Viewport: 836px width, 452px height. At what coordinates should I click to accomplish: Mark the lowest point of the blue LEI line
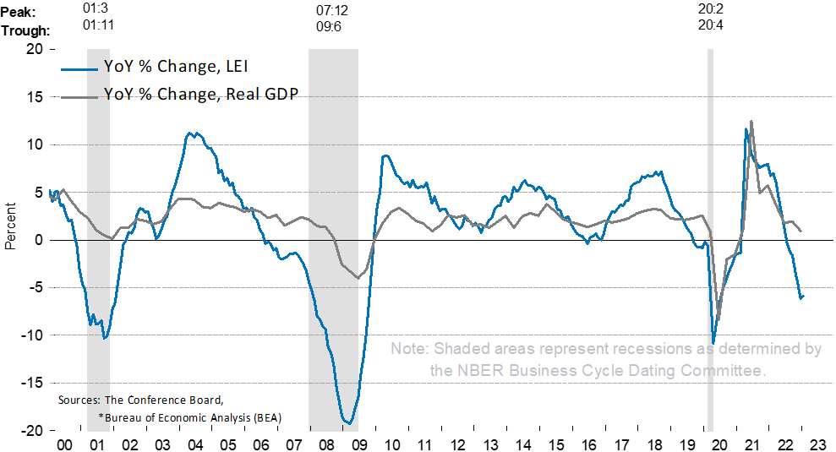tap(347, 422)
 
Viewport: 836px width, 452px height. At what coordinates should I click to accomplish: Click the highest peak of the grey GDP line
tap(751, 122)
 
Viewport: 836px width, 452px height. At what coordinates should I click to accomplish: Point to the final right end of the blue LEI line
tap(802, 296)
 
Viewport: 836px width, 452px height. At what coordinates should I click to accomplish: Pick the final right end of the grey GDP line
tap(800, 231)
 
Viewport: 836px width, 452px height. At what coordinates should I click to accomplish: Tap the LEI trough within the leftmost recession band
tap(104, 338)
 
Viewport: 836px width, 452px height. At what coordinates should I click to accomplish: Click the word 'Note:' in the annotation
tap(409, 350)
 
